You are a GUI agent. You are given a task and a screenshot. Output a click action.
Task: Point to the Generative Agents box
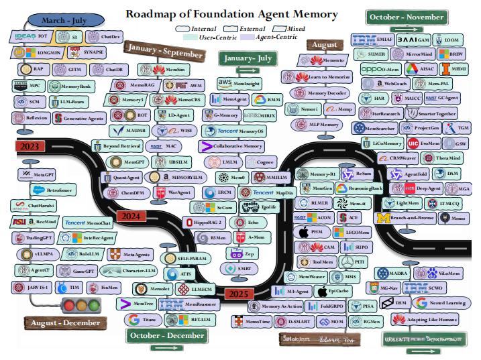tap(81, 118)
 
